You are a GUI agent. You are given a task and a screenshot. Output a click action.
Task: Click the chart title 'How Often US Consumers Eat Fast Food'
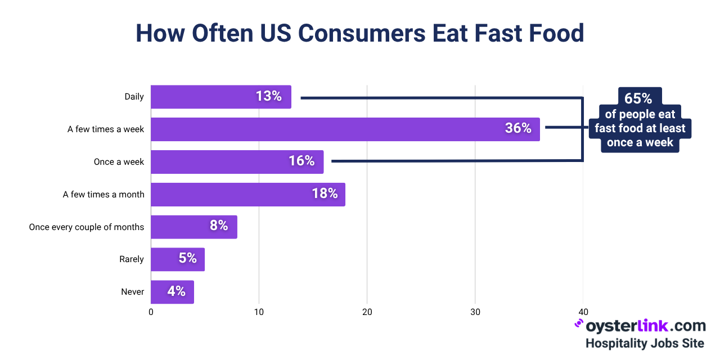(x=360, y=33)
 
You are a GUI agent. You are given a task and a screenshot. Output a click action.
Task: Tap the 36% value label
(x=518, y=128)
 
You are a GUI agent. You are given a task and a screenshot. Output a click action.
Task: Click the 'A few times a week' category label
(x=106, y=129)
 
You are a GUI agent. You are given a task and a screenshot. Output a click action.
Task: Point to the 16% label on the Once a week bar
(x=301, y=161)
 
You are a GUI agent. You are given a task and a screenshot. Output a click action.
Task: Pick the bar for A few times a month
(x=247, y=194)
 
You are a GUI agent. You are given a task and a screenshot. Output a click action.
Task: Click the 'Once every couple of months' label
(x=87, y=227)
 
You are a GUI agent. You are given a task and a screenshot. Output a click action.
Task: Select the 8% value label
(x=219, y=226)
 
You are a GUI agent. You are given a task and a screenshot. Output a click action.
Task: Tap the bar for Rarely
(x=177, y=259)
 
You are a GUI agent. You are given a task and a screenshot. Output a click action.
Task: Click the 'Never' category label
(x=133, y=292)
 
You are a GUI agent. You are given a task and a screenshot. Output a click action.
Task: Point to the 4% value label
(x=176, y=291)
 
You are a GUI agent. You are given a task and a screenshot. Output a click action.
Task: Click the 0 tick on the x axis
(x=151, y=312)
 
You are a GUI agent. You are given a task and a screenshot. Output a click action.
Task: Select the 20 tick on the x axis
(x=367, y=312)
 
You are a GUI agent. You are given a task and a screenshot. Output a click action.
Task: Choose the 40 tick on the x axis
(x=583, y=312)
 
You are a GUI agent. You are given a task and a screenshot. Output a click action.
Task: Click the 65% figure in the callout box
(x=638, y=98)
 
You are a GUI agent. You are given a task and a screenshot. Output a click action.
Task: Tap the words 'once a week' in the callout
(x=640, y=142)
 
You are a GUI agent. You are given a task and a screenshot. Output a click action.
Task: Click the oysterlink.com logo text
(x=645, y=326)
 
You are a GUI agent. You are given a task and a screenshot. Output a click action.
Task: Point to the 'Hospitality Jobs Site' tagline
(x=645, y=343)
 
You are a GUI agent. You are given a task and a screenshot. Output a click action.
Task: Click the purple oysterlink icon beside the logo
(x=578, y=325)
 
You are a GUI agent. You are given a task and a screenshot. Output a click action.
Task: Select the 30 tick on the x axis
(x=475, y=312)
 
